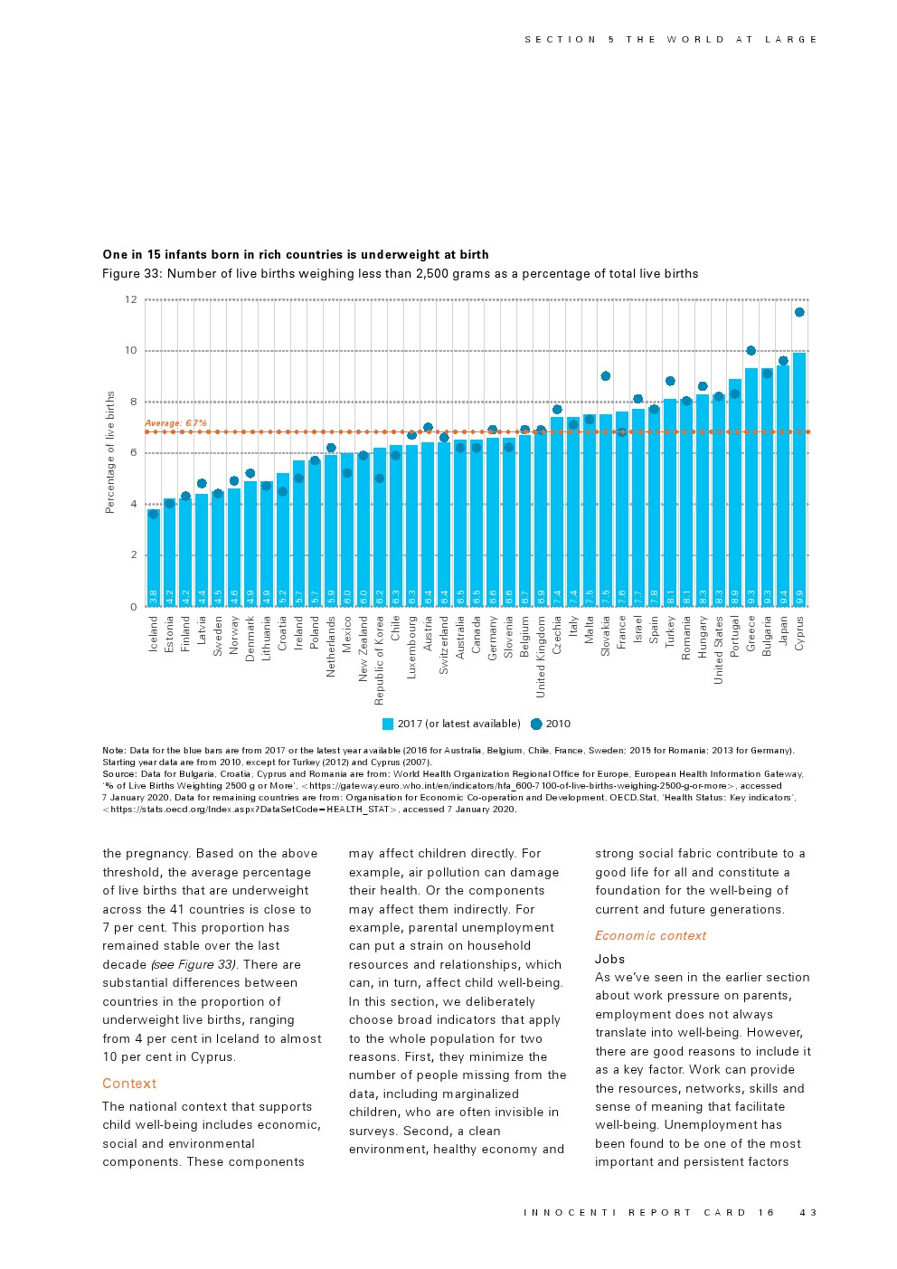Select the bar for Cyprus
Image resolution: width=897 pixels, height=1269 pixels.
[x=799, y=479]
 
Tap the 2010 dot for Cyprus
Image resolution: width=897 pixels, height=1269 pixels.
[x=799, y=312]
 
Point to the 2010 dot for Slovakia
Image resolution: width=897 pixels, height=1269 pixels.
[x=606, y=376]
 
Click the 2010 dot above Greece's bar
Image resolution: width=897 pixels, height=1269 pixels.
[x=751, y=351]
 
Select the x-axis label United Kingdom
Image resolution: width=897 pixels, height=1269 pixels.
[x=542, y=656]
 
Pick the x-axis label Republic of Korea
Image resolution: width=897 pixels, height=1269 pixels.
[x=380, y=659]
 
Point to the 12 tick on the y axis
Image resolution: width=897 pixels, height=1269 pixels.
[x=131, y=299]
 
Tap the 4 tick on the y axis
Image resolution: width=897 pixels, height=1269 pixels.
[x=134, y=504]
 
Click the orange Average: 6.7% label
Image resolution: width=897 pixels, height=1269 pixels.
[x=175, y=422]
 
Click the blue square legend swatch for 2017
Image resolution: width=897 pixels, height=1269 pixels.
[x=388, y=724]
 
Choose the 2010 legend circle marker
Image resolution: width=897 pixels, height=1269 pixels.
[x=536, y=724]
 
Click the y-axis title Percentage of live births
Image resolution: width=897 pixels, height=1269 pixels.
[x=110, y=452]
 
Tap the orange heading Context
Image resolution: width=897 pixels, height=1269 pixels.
[x=129, y=1084]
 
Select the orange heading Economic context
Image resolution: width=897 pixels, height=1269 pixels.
[x=650, y=935]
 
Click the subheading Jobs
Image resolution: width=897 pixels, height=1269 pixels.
[x=609, y=959]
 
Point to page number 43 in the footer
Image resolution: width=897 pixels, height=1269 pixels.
[x=808, y=1212]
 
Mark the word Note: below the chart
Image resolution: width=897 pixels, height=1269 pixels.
[x=114, y=750]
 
